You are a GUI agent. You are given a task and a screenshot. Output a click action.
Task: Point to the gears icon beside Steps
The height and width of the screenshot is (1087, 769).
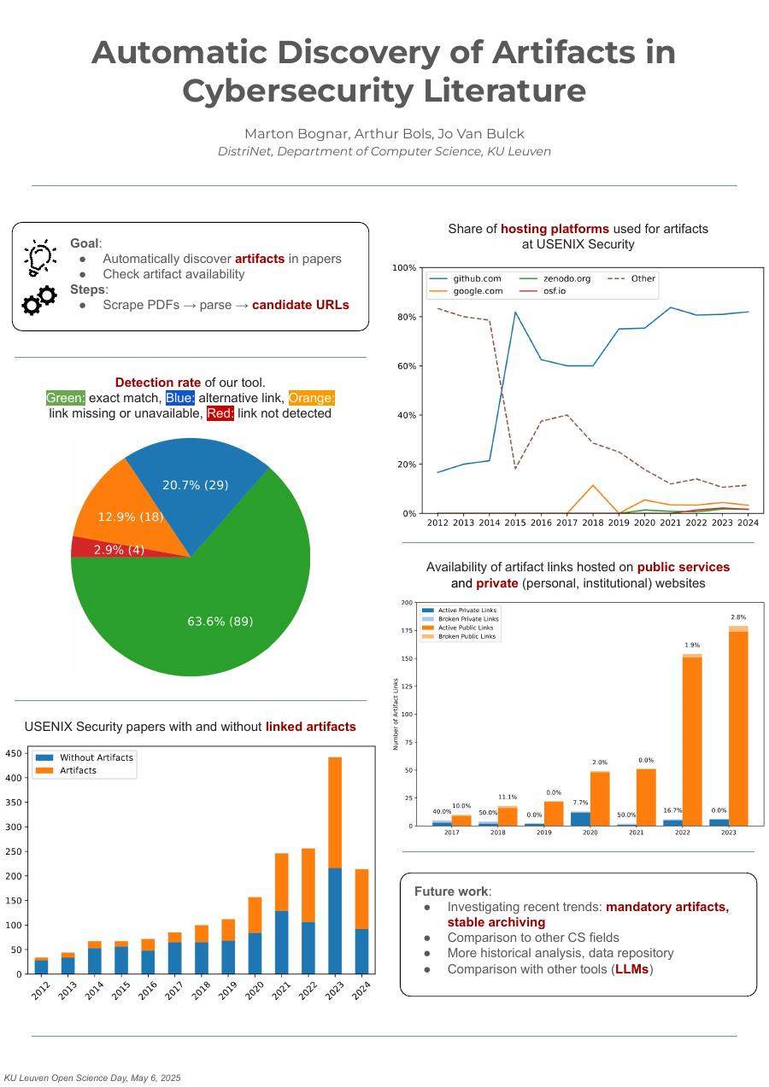coord(39,300)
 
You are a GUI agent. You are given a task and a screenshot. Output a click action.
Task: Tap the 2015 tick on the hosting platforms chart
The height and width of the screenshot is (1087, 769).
coord(515,523)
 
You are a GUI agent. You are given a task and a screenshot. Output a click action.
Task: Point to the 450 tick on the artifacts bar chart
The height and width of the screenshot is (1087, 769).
coord(13,753)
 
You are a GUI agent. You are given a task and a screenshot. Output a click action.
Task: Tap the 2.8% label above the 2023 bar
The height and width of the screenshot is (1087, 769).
coord(738,617)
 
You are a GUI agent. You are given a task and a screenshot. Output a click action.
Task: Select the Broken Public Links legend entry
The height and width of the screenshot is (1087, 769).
coord(466,636)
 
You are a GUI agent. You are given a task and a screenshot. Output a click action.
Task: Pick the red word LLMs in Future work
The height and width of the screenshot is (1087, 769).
coord(632,969)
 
